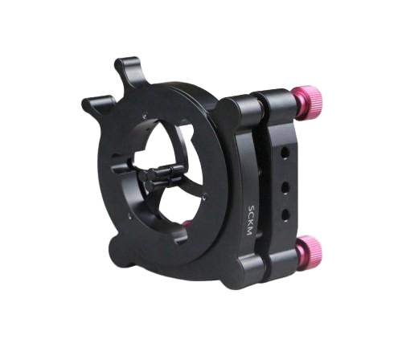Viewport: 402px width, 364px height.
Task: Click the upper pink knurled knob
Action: (308, 102)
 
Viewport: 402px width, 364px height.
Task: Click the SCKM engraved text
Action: (250, 220)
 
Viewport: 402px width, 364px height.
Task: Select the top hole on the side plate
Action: (285, 153)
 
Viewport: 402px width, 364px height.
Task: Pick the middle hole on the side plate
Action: (285, 186)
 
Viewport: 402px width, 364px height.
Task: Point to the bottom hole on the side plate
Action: (286, 214)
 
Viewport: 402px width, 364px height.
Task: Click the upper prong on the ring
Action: (130, 69)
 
